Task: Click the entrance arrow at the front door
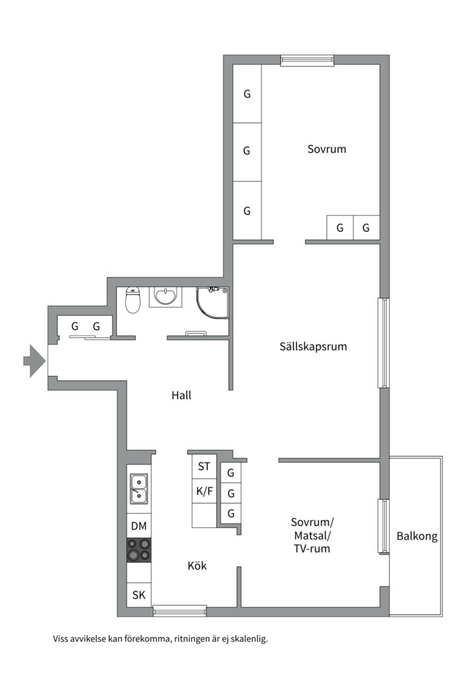34,361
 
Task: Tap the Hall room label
181,395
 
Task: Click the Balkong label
417,536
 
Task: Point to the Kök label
197,566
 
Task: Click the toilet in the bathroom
133,300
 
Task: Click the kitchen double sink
139,489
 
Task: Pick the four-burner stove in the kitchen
139,550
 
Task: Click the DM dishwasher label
139,525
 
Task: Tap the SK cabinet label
139,595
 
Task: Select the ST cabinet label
204,466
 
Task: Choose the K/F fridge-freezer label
204,491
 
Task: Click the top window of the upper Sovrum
307,60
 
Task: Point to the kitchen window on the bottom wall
179,610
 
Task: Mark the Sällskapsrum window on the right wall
383,343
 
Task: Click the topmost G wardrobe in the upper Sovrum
247,94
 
